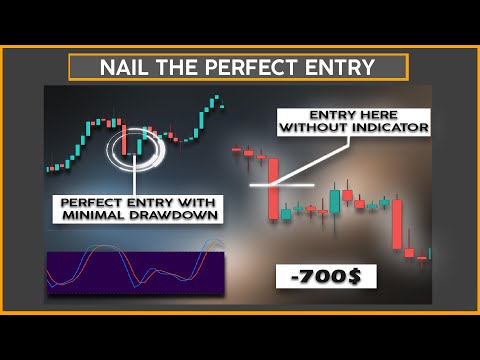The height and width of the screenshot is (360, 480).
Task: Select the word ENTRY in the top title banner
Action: point(342,68)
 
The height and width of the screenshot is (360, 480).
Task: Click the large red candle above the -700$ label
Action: point(396,224)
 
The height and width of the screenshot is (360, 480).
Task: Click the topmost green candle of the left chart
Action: point(214,100)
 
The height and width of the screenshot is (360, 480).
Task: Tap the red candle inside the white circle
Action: point(125,139)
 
